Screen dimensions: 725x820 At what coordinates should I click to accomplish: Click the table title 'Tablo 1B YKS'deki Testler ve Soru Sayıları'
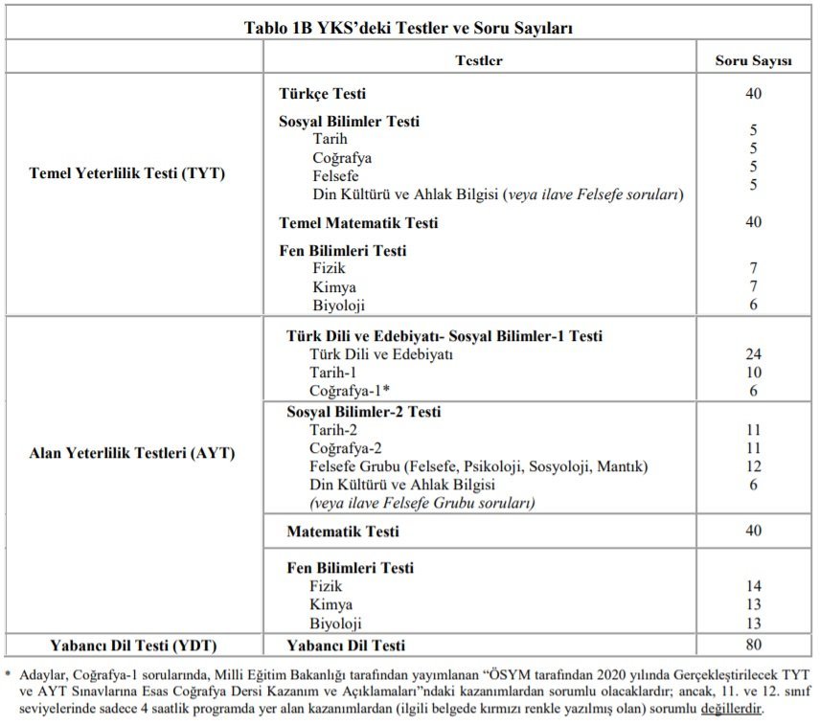409,28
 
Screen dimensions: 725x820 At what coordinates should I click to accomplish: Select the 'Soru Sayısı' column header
753,60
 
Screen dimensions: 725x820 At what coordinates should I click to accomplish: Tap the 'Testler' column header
478,60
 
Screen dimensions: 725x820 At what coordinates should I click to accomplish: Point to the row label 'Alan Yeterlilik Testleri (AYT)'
132,453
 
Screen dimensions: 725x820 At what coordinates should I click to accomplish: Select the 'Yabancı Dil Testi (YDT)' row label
133,645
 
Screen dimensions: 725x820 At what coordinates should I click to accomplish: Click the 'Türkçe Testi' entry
322,94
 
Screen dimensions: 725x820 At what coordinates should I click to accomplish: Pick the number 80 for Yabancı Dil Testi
753,645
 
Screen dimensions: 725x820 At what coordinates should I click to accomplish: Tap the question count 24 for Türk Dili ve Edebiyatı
753,354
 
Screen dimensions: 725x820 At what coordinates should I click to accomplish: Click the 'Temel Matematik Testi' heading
358,223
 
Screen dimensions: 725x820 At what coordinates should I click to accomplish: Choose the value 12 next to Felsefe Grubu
753,466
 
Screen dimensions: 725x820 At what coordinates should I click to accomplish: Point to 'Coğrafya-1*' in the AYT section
349,391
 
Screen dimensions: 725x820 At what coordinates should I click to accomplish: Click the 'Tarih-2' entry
332,430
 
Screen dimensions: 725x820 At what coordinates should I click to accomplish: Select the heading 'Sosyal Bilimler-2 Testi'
363,412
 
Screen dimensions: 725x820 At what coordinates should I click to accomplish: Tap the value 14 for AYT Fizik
753,586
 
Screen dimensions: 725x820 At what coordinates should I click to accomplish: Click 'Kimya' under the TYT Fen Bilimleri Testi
333,287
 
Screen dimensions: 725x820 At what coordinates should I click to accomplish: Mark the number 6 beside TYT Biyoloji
753,306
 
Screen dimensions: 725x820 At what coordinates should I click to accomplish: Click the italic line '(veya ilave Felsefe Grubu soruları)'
421,503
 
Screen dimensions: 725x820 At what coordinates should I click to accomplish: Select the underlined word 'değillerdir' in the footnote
733,709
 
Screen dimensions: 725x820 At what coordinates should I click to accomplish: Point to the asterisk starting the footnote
8,673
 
